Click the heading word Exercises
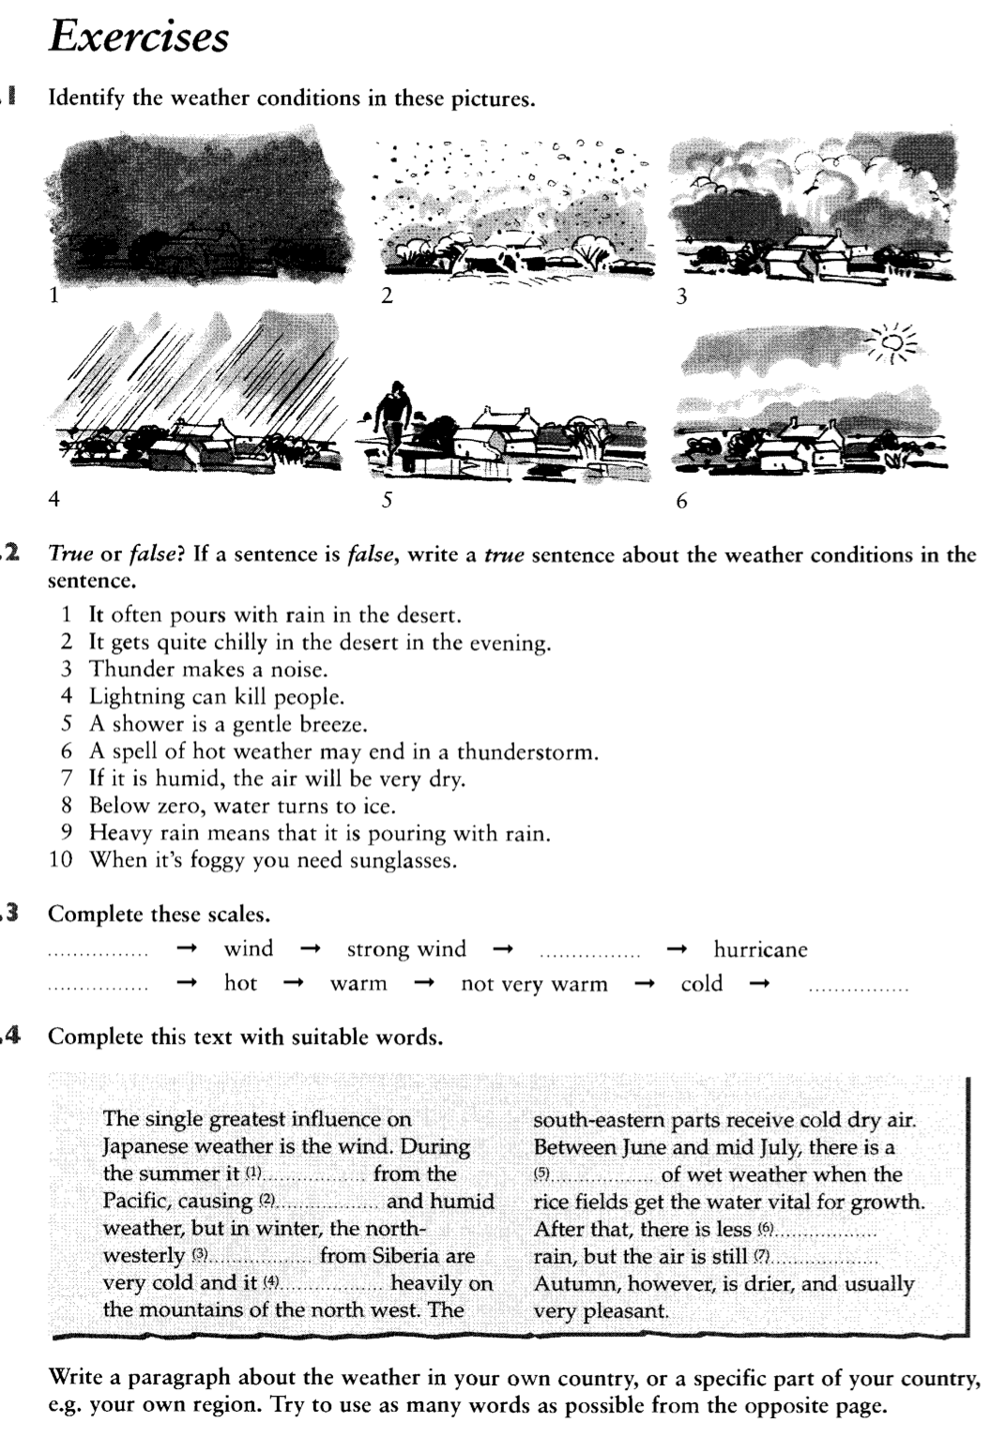139,38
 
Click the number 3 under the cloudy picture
682,296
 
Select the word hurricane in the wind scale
760,949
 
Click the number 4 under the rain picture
53,500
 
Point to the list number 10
61,860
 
